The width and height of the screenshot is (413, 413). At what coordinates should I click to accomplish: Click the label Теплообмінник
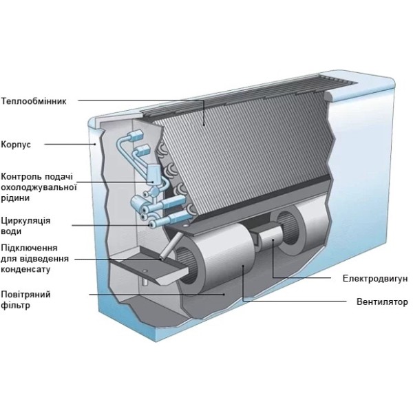34,101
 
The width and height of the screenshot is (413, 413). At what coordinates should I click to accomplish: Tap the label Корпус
17,145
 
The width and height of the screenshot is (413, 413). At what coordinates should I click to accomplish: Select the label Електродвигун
375,279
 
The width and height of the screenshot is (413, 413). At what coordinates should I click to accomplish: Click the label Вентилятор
382,301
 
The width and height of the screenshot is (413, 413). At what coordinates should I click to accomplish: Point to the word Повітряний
26,294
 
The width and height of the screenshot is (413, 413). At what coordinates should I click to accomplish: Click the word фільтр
14,305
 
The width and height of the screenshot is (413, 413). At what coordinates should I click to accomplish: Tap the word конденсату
25,269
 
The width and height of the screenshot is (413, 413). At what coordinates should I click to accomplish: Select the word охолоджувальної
39,187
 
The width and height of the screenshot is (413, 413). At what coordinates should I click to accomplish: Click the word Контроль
20,176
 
